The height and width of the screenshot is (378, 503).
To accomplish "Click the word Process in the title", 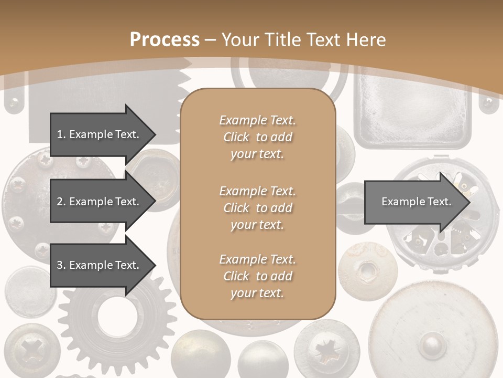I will pos(165,40).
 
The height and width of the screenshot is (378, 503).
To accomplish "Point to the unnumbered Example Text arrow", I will pos(417,202).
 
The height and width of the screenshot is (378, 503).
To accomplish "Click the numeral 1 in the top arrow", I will pos(60,134).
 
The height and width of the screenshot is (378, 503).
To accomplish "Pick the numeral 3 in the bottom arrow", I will pos(60,265).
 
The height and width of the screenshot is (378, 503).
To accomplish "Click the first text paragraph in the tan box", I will pos(257,137).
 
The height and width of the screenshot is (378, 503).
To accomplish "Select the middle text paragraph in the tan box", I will pos(257,207).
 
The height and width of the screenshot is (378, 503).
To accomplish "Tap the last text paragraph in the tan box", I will pos(257,276).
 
